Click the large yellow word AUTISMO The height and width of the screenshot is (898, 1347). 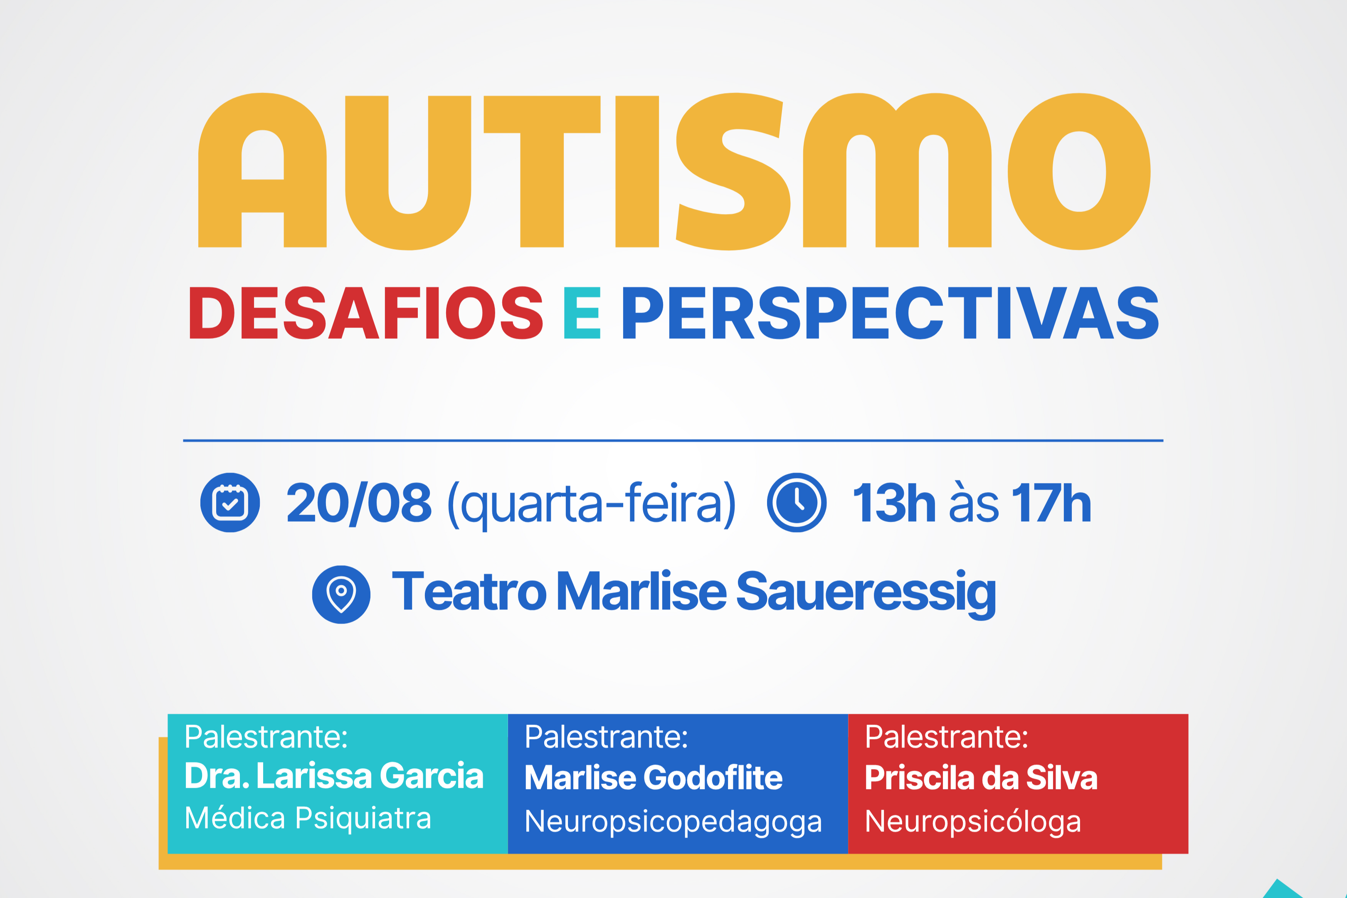pos(674,171)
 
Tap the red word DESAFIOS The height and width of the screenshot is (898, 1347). pos(366,313)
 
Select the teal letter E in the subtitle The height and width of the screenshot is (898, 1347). pos(582,313)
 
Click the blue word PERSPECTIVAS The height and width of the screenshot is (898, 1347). pos(891,313)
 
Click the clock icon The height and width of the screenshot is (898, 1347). pos(797,502)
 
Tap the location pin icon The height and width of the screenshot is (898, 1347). pos(341,595)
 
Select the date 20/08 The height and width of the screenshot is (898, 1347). pos(358,503)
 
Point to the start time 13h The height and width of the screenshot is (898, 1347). pos(894,503)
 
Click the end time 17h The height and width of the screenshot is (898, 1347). pos(1051,503)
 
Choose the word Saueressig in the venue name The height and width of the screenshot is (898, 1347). pos(866,595)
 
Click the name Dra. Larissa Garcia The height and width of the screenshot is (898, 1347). pos(334,776)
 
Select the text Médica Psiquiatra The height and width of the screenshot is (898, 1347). pos(308,818)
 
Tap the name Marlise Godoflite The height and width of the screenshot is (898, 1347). pos(654,778)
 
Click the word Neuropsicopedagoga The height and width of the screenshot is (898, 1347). pos(673,822)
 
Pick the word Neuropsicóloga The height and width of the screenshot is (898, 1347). pos(972,822)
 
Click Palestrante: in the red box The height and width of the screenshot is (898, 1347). pos(946,737)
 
